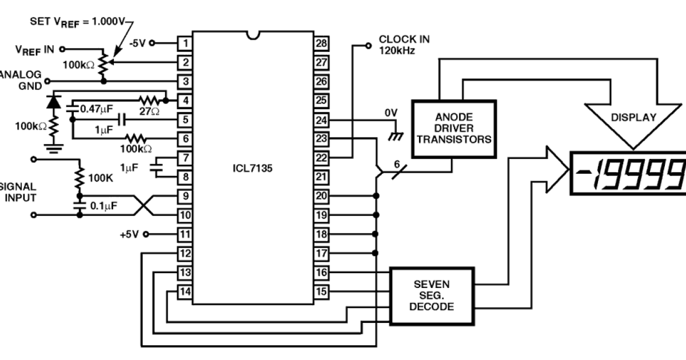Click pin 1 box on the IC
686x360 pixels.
[x=184, y=42]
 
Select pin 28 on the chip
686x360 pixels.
[x=321, y=42]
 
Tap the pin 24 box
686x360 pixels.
[x=321, y=120]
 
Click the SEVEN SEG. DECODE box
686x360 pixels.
[x=432, y=295]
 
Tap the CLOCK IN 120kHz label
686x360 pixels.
[x=404, y=44]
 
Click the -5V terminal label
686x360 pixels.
[x=139, y=42]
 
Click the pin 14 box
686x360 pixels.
[x=184, y=291]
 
